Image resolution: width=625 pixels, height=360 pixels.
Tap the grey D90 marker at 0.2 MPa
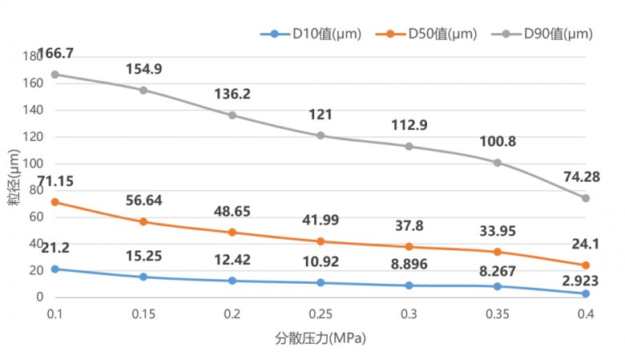click(232, 115)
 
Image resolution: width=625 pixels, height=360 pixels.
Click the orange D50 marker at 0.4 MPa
click(586, 265)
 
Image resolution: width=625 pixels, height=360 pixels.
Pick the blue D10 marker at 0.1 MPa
click(55, 269)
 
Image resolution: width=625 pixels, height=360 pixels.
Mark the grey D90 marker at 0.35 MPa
click(498, 163)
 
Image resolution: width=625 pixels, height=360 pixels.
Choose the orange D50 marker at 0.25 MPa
click(321, 241)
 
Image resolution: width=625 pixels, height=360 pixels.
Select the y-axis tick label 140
click(34, 110)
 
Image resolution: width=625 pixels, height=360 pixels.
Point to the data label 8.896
click(409, 266)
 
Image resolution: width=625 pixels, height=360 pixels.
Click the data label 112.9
click(409, 126)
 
